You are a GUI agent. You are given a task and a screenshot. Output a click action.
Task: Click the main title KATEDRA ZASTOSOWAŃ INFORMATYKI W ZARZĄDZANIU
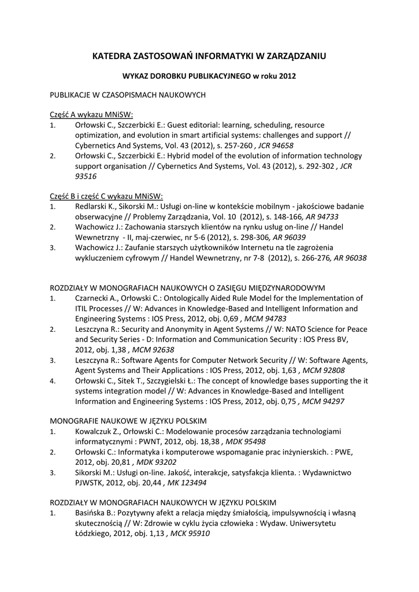[209, 56]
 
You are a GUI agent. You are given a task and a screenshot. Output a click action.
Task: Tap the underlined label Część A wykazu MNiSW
[91, 114]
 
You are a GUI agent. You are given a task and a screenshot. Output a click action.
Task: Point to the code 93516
[86, 177]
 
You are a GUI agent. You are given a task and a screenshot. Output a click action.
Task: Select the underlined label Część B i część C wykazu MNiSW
[106, 196]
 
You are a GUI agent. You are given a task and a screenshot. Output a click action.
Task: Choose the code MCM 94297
[325, 402]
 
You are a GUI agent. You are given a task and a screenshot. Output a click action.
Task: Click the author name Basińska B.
[97, 513]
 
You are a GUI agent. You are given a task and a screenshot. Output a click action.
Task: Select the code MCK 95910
[190, 534]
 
